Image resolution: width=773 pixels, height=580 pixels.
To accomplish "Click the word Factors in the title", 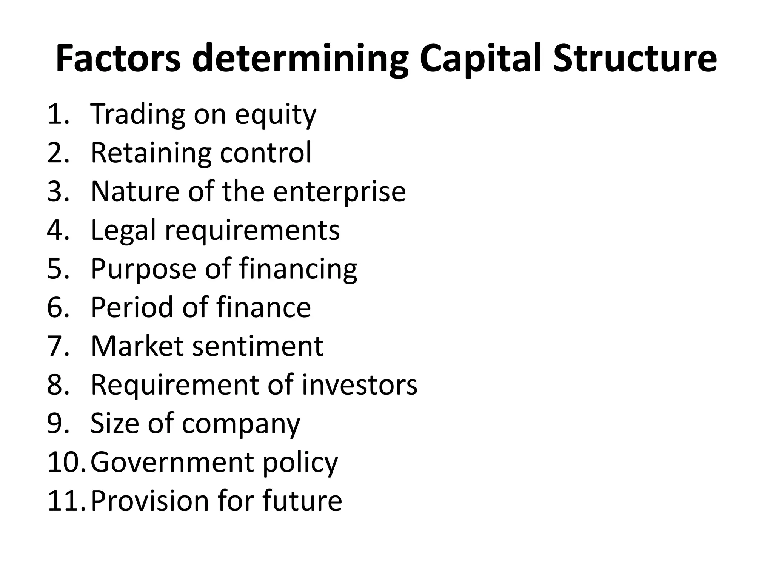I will point(118,59).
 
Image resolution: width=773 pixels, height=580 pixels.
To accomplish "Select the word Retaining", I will point(151,153).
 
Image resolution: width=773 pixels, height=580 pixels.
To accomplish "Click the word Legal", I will point(123,231).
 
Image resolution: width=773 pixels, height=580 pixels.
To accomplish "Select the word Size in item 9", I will point(114,423).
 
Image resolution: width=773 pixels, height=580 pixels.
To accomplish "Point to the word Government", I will point(172,462).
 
